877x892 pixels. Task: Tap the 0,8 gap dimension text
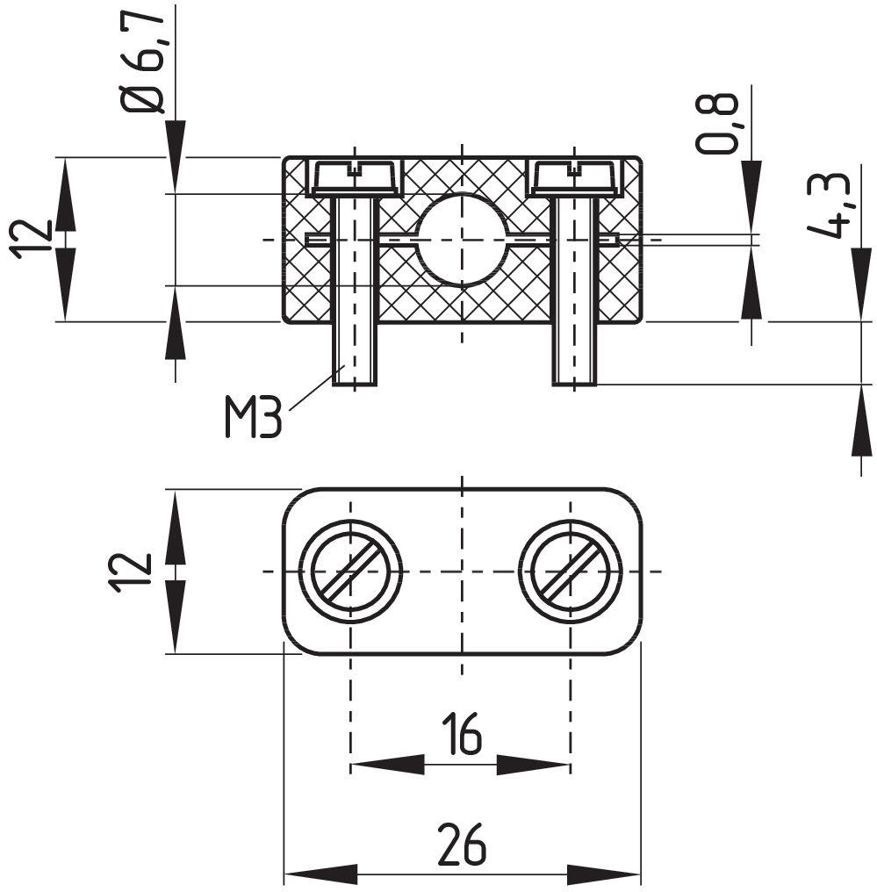[x=717, y=123]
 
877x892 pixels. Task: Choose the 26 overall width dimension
[x=461, y=845]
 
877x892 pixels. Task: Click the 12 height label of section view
[x=33, y=239]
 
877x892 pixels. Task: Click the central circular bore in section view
[x=461, y=239]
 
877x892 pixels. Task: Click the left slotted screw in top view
[x=350, y=572]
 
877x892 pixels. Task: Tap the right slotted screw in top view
[x=571, y=572]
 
